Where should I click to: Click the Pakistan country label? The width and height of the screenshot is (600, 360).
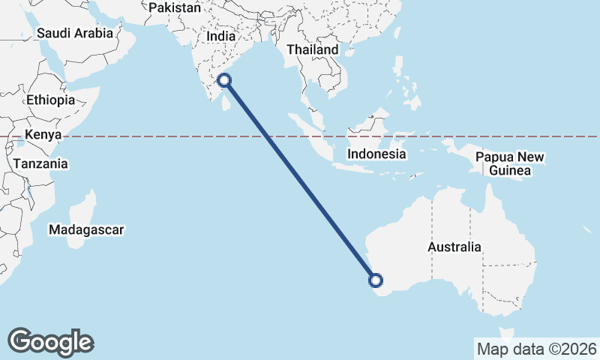(175, 7)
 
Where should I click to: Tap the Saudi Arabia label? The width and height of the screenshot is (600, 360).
(74, 33)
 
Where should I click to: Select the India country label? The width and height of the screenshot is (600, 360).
(221, 36)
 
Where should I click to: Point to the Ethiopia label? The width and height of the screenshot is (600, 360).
(50, 100)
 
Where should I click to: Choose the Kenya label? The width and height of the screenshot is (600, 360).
(42, 135)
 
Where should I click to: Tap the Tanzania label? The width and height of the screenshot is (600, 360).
(40, 163)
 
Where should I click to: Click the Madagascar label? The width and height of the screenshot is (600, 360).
(86, 230)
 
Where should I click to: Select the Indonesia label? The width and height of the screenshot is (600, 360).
(376, 154)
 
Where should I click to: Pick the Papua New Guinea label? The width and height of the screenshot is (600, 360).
(509, 163)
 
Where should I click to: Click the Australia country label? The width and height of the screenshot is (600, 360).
(454, 247)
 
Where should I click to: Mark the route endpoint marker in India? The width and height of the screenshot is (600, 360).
(223, 81)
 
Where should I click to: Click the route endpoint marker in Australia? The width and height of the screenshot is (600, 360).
(376, 281)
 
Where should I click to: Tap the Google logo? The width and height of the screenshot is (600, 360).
(50, 342)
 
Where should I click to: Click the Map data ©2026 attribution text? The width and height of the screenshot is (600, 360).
(537, 348)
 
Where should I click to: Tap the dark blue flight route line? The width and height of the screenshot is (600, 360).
(300, 181)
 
